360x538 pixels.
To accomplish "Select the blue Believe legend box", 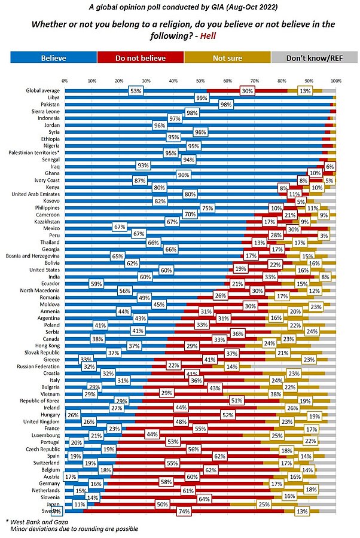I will tap(53, 57).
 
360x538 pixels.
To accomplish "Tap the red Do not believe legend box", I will tap(140, 57).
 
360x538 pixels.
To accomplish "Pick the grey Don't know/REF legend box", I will tap(314, 57).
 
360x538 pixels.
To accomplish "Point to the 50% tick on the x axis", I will tap(200, 80).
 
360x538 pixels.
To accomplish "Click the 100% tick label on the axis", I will tap(335, 80).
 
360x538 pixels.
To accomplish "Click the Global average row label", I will tap(42, 91).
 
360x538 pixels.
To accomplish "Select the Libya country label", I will tap(52, 98).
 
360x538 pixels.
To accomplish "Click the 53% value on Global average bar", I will tap(136, 91).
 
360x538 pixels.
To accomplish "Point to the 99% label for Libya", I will tap(201, 98).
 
